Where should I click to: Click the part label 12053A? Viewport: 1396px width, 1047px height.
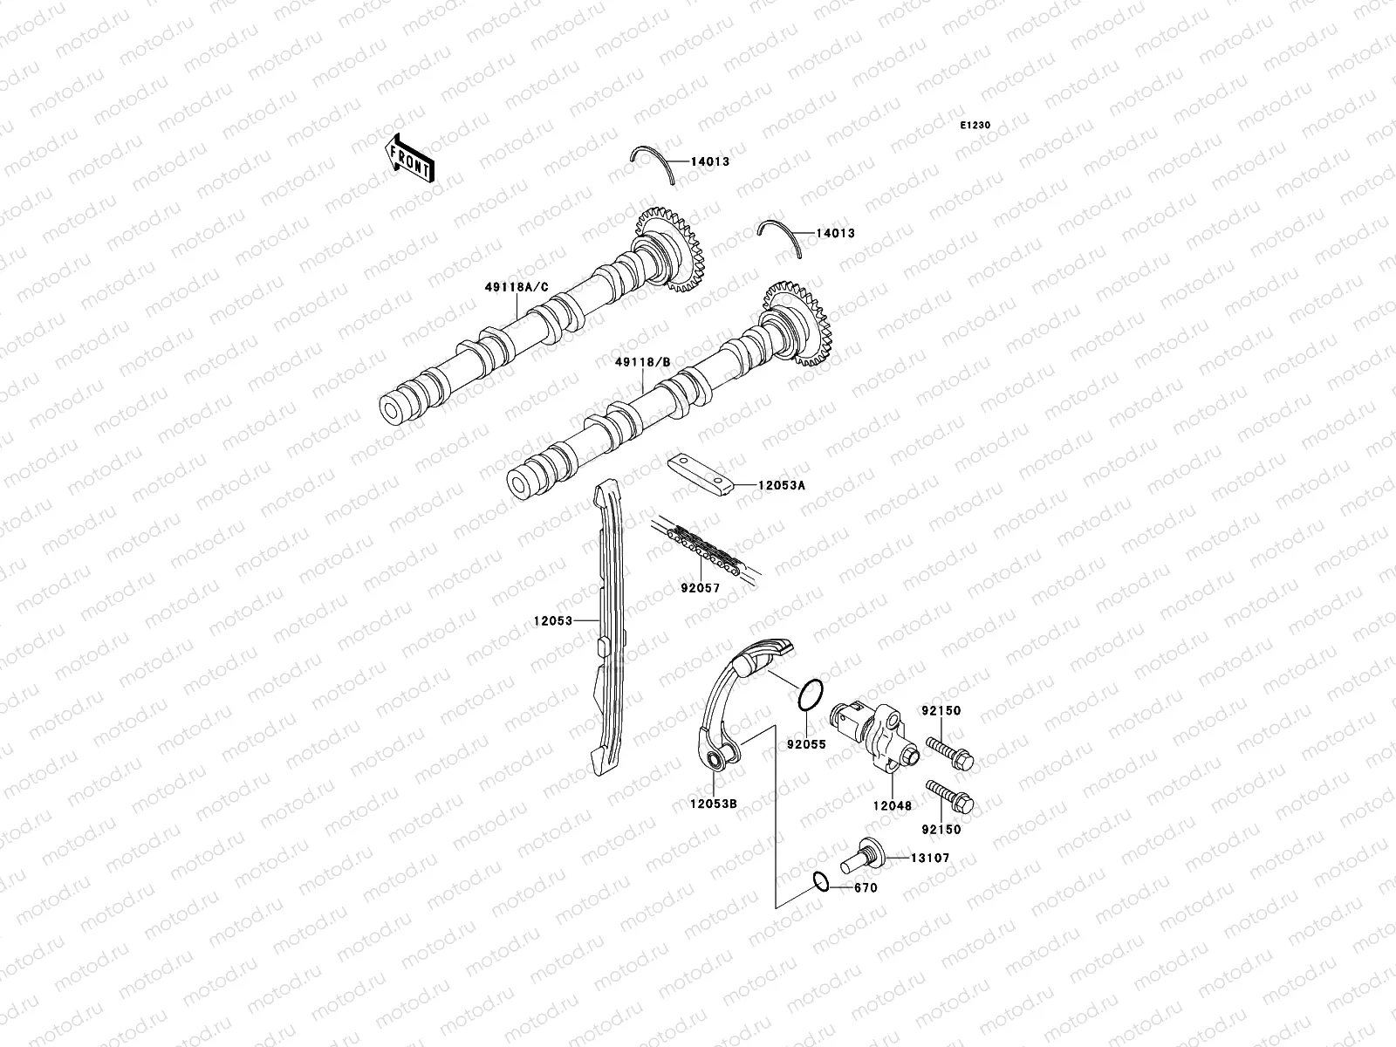tap(781, 486)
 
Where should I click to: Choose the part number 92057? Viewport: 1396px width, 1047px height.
tap(700, 588)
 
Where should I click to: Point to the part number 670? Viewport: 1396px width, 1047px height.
tap(866, 888)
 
